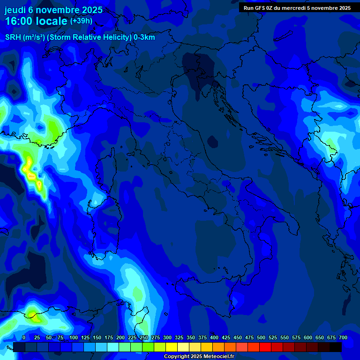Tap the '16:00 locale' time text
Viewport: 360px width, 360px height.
(x=36, y=22)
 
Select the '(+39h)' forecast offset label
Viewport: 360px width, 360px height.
(x=81, y=21)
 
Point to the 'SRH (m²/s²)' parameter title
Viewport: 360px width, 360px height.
(x=25, y=37)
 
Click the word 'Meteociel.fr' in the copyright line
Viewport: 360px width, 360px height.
(x=218, y=357)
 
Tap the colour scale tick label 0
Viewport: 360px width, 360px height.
(x=23, y=337)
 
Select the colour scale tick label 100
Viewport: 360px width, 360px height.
(x=74, y=337)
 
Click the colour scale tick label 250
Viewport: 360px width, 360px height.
(x=144, y=337)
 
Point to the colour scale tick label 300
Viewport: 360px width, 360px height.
(x=167, y=337)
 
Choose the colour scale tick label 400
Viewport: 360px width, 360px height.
(x=214, y=337)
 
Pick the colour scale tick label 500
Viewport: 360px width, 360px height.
(x=261, y=337)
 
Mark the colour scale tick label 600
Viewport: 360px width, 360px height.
(x=308, y=337)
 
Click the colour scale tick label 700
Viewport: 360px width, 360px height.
(x=343, y=337)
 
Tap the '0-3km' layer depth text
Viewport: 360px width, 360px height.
(x=144, y=37)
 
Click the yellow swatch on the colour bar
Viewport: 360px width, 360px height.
(x=172, y=347)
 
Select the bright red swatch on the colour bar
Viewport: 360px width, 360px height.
(x=265, y=347)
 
